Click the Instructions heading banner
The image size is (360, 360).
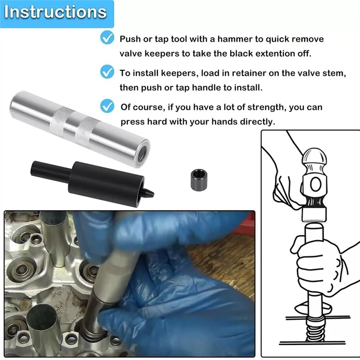tap(57, 14)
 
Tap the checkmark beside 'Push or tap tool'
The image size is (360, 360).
tap(107, 37)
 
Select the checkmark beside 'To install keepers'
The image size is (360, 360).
tap(107, 72)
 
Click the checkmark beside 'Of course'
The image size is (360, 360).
tap(107, 106)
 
